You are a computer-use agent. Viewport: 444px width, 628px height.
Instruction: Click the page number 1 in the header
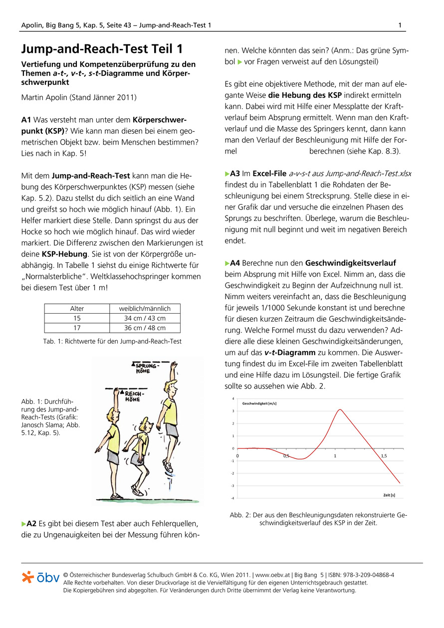pyautogui.click(x=400, y=25)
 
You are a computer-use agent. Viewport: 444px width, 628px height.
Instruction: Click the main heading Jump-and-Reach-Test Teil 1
pyautogui.click(x=102, y=49)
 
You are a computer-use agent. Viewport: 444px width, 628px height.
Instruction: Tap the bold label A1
pyautogui.click(x=26, y=120)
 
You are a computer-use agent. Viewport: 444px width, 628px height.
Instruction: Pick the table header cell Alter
pyautogui.click(x=77, y=309)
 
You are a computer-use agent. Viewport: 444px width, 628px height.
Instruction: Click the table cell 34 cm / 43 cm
pyautogui.click(x=145, y=318)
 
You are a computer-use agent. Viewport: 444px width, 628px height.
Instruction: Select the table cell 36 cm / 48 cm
pyautogui.click(x=145, y=328)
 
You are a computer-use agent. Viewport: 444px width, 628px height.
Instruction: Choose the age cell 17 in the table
pyautogui.click(x=77, y=328)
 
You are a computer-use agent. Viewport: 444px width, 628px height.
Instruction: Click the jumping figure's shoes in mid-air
pyautogui.click(x=169, y=467)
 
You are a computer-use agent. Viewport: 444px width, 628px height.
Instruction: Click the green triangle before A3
pyautogui.click(x=227, y=174)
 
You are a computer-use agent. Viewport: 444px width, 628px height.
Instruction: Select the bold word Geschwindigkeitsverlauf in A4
pyautogui.click(x=351, y=262)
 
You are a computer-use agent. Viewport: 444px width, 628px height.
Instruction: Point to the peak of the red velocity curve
pyautogui.click(x=340, y=410)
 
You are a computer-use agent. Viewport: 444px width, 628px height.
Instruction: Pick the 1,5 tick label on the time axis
pyautogui.click(x=384, y=456)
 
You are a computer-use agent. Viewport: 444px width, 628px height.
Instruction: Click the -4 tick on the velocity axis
pyautogui.click(x=232, y=498)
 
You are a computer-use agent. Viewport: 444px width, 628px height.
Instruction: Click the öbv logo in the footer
pyautogui.click(x=41, y=577)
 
